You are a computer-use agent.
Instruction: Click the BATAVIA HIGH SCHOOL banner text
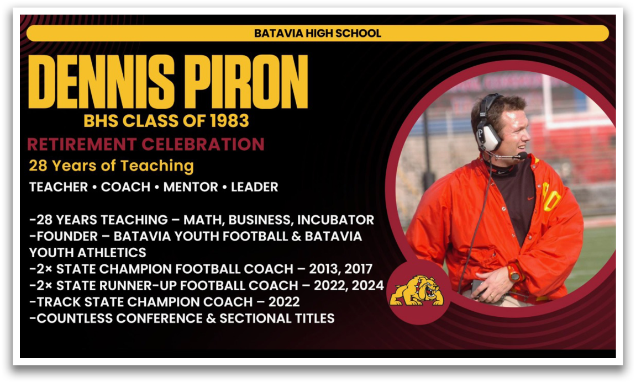click(318, 33)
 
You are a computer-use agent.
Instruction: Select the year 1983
click(229, 121)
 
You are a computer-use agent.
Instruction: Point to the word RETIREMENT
click(82, 144)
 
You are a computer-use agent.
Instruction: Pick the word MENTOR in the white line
click(191, 187)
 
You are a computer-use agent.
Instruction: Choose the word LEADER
click(254, 187)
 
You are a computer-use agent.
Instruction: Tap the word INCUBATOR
click(335, 220)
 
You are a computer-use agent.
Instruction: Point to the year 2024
click(367, 285)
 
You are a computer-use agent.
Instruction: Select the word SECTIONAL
click(251, 318)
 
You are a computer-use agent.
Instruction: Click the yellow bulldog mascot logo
click(417, 290)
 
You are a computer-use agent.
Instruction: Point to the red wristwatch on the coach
click(514, 275)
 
